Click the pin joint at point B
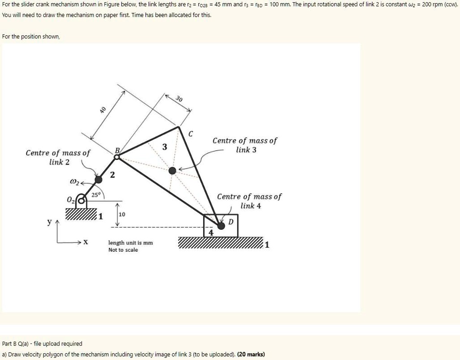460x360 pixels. [117, 157]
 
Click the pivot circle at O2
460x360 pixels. [81, 200]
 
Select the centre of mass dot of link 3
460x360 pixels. [172, 170]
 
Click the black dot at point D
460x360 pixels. [221, 225]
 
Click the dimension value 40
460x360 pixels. [103, 110]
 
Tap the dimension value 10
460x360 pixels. [122, 215]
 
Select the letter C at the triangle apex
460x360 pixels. [191, 134]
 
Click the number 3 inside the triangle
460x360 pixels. [165, 147]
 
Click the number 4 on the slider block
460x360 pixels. [211, 233]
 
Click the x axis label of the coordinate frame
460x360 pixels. [86, 243]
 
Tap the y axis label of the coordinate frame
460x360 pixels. [49, 222]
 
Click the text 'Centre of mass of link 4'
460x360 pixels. [249, 201]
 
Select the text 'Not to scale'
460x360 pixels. [123, 250]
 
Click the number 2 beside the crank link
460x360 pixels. [112, 175]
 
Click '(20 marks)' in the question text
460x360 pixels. [251, 354]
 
